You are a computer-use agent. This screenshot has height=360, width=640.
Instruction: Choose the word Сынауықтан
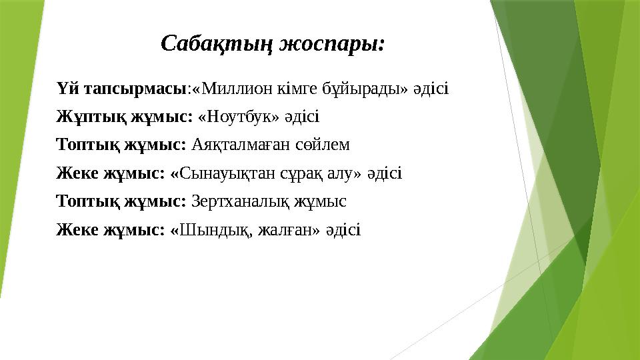228,174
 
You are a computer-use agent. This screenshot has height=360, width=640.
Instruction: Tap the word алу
345,174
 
